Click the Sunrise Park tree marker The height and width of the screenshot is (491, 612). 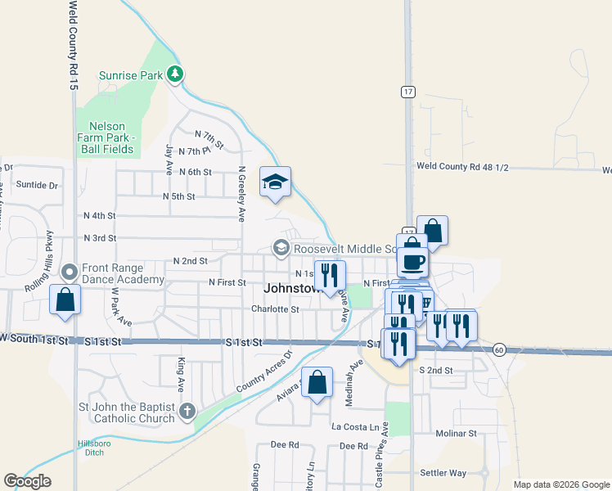pyautogui.click(x=174, y=74)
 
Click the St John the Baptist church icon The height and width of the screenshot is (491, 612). pyautogui.click(x=187, y=412)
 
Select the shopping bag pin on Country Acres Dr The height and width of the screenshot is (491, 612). pyautogui.click(x=317, y=382)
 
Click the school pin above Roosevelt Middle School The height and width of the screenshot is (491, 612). pyautogui.click(x=276, y=182)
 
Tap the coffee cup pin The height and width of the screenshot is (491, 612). pyautogui.click(x=412, y=262)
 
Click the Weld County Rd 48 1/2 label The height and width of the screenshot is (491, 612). pyautogui.click(x=462, y=166)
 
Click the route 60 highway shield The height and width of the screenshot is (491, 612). pyautogui.click(x=499, y=349)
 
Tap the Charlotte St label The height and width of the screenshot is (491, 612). pyautogui.click(x=275, y=309)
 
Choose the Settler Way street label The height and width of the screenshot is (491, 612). pyautogui.click(x=443, y=473)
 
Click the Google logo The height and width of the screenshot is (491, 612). pyautogui.click(x=27, y=481)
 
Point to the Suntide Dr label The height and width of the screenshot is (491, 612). pyautogui.click(x=37, y=186)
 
